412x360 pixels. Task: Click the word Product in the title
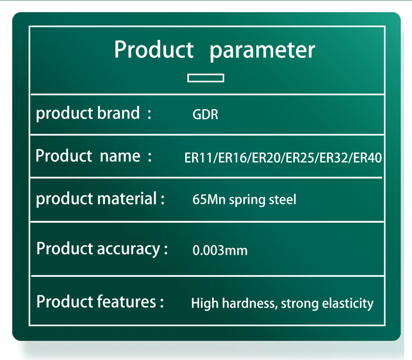pyautogui.click(x=154, y=49)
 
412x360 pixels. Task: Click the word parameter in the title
pyautogui.click(x=262, y=51)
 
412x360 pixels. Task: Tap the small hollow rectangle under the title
pyautogui.click(x=206, y=78)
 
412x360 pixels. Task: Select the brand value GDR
pyautogui.click(x=205, y=114)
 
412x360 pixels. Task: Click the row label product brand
pyautogui.click(x=88, y=114)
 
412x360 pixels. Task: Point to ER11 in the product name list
pyautogui.click(x=198, y=158)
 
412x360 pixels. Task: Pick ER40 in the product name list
pyautogui.click(x=367, y=158)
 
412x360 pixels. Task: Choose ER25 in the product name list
pyautogui.click(x=300, y=158)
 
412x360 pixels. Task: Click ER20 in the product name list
pyautogui.click(x=266, y=158)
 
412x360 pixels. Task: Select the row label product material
pyautogui.click(x=96, y=199)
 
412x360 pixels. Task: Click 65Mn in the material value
pyautogui.click(x=209, y=199)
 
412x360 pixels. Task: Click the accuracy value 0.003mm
pyautogui.click(x=220, y=250)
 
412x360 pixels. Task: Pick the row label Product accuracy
pyautogui.click(x=98, y=249)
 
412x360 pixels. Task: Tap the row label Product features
pyautogui.click(x=96, y=302)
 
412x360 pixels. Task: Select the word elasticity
pyautogui.click(x=348, y=304)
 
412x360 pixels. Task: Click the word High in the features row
pyautogui.click(x=205, y=304)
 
